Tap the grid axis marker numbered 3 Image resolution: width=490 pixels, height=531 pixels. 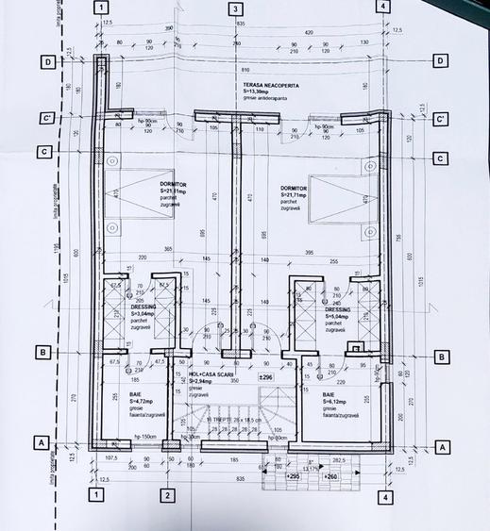[235, 8]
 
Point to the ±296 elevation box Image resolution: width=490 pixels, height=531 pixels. [266, 377]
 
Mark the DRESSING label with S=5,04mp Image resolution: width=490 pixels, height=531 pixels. [338, 308]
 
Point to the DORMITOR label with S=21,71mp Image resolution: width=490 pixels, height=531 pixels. [295, 188]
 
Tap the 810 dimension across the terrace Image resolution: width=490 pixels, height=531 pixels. [244, 70]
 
